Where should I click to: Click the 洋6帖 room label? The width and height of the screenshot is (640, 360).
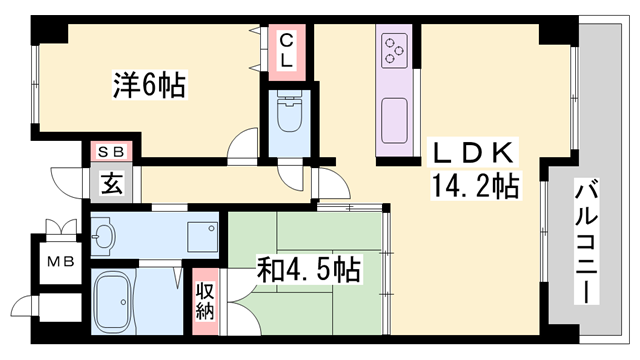coord(147,85)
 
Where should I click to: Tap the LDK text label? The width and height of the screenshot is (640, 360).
coord(473,153)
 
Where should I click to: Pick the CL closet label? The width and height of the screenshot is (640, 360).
coord(286,49)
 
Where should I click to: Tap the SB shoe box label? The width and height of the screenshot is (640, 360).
coord(109,151)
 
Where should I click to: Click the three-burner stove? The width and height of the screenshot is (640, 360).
coord(395,48)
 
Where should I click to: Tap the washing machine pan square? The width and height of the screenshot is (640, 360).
coord(204,234)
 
